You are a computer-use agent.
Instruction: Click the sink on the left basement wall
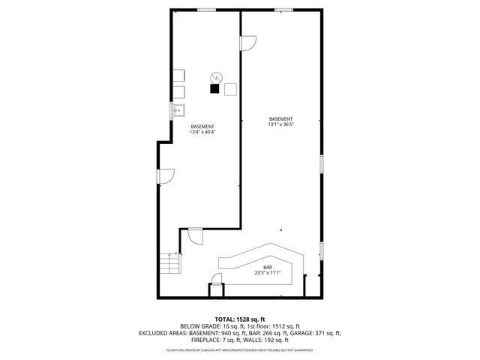click(x=178, y=112)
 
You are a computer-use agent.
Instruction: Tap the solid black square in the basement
click(x=214, y=88)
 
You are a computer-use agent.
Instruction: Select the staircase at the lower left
click(x=170, y=265)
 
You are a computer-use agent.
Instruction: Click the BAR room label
click(x=267, y=267)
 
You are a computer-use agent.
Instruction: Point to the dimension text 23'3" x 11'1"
click(x=267, y=273)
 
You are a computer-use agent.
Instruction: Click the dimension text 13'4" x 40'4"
click(x=202, y=133)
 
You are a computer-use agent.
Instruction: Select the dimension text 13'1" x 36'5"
click(x=280, y=125)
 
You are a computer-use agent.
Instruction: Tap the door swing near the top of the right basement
click(x=247, y=43)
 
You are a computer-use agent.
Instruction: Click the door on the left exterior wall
click(x=165, y=177)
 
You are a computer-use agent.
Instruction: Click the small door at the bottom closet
click(x=217, y=280)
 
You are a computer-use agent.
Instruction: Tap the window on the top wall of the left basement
click(x=207, y=10)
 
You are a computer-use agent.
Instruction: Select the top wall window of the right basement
click(x=283, y=10)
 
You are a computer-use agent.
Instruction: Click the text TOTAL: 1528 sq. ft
click(x=240, y=319)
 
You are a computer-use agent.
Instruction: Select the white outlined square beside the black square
click(x=230, y=88)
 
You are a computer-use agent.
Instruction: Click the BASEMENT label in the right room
click(x=280, y=119)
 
